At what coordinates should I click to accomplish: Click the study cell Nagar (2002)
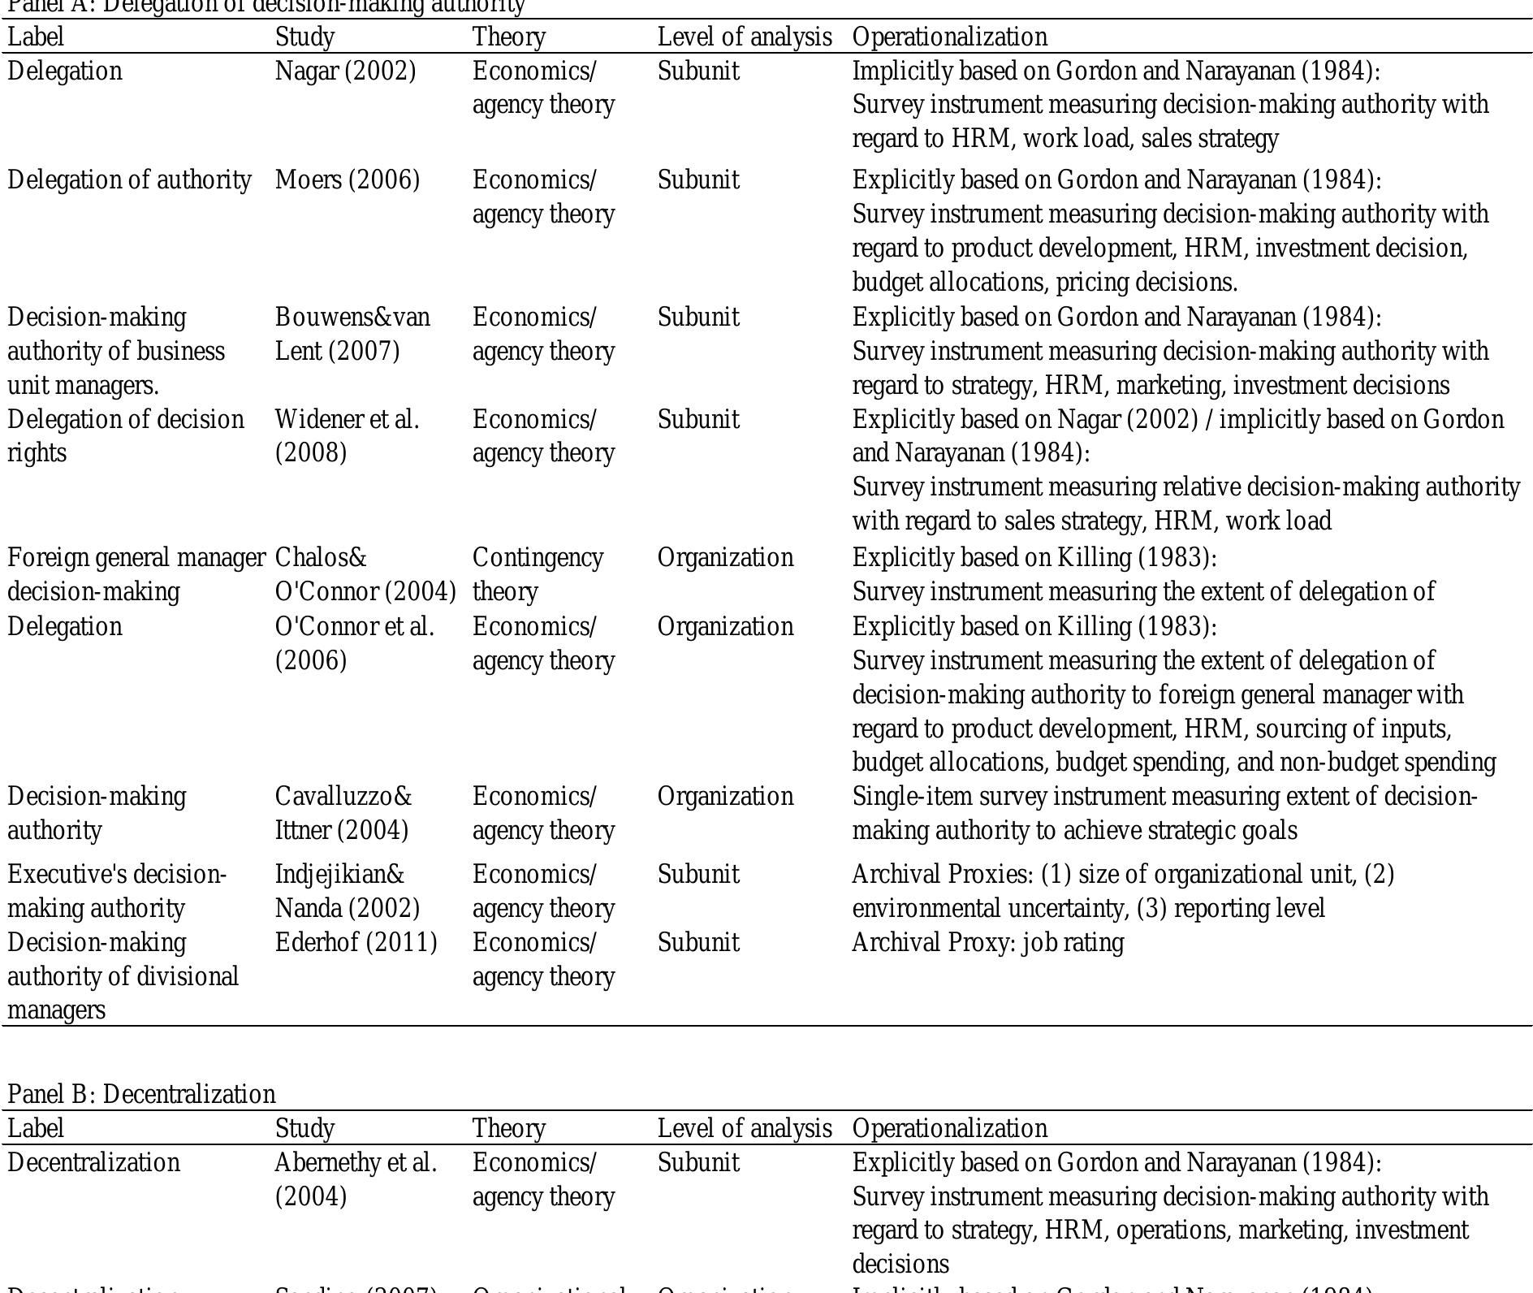pos(345,71)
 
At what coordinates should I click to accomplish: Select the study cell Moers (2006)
pos(348,179)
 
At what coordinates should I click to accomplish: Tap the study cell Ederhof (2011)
pos(356,942)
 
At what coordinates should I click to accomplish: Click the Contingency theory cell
pos(538,574)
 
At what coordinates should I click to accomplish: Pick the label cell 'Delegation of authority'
pos(129,179)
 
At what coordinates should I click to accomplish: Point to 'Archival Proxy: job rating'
pos(987,942)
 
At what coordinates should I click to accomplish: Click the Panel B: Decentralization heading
pos(141,1094)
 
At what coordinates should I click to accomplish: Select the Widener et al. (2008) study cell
pos(347,436)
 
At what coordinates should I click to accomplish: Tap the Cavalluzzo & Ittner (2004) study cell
pos(343,813)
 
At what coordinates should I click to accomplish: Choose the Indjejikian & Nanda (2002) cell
pos(347,891)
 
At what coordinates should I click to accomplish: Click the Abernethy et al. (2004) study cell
pos(356,1179)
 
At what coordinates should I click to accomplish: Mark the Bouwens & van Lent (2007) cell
pos(352,334)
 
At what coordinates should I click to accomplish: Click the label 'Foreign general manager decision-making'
pos(136,574)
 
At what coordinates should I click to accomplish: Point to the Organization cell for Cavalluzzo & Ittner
pos(725,796)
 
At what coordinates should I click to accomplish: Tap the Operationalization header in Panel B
pos(949,1128)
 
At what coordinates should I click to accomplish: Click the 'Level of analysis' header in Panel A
pos(744,37)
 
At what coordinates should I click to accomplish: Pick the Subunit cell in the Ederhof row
pos(698,942)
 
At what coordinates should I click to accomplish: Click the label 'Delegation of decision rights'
pos(125,436)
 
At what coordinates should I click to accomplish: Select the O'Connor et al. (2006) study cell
pos(354,643)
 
